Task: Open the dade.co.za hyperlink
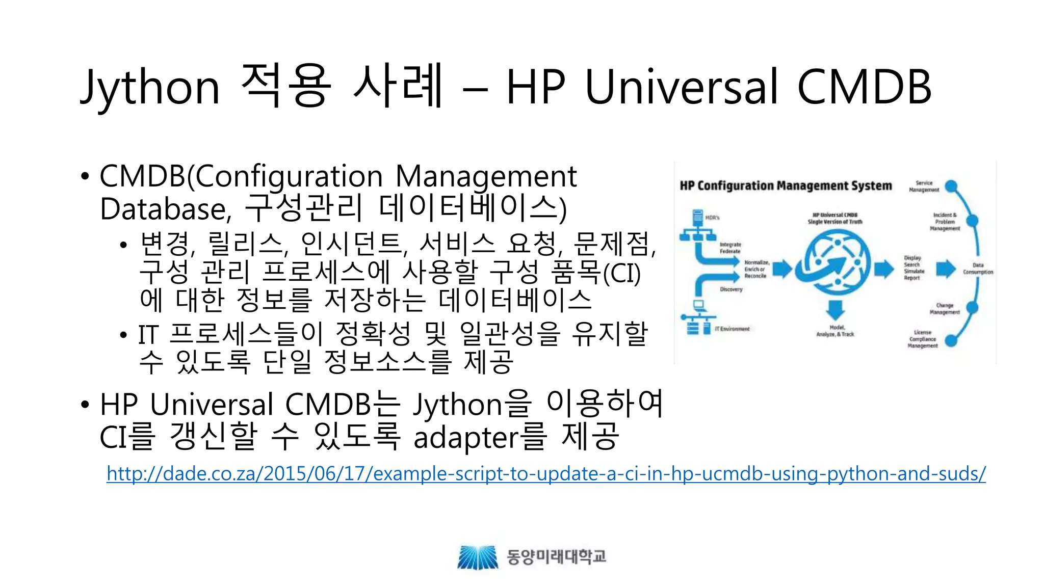546,473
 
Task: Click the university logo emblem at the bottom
477,557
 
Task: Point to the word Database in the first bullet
163,209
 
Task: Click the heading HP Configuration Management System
786,186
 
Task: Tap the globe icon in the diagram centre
837,263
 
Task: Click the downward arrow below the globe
835,309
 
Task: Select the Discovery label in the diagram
731,289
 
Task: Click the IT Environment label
732,329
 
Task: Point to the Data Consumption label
978,269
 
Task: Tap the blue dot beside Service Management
951,186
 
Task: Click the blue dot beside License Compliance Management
951,340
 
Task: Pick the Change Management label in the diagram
944,309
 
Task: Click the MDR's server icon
697,218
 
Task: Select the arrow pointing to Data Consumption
946,269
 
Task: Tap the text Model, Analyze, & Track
835,331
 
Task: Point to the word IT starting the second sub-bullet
148,335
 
